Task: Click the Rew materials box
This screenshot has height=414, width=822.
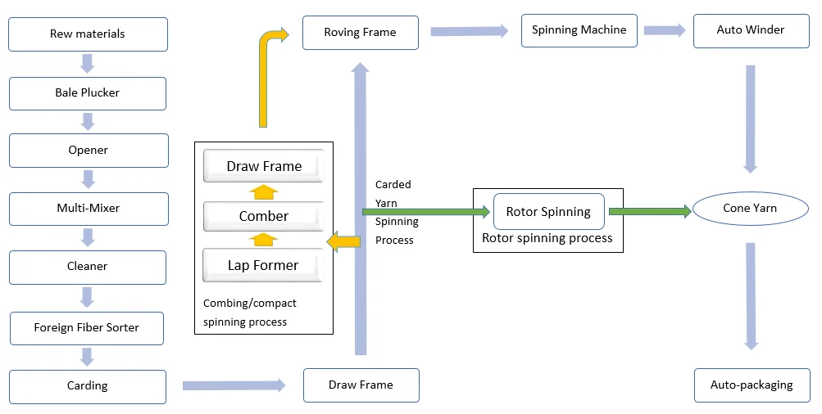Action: [88, 34]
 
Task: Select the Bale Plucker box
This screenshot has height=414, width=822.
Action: [88, 93]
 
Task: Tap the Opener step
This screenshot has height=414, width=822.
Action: [88, 151]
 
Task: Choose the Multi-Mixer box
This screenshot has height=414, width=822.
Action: [88, 209]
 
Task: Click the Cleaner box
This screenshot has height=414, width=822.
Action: [88, 267]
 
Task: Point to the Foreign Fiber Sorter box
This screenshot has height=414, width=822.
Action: [86, 327]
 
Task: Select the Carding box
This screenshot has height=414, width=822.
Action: [88, 386]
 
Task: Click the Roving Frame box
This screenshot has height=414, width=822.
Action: [360, 33]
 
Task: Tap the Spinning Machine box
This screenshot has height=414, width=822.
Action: [579, 30]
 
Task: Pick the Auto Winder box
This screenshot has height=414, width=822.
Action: [751, 30]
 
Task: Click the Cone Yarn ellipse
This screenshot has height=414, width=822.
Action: [749, 209]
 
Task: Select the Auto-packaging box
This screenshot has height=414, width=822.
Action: [751, 385]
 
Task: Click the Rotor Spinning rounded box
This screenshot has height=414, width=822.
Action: [548, 212]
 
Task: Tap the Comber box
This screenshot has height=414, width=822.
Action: [263, 217]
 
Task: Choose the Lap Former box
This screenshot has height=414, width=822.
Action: [263, 266]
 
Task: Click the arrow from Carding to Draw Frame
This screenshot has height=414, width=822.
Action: [234, 385]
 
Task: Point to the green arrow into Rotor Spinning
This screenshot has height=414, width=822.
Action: [426, 212]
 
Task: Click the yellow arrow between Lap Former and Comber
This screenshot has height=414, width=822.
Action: [263, 240]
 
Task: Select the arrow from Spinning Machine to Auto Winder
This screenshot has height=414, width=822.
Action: [665, 30]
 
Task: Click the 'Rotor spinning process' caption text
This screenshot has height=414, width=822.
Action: [547, 239]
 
